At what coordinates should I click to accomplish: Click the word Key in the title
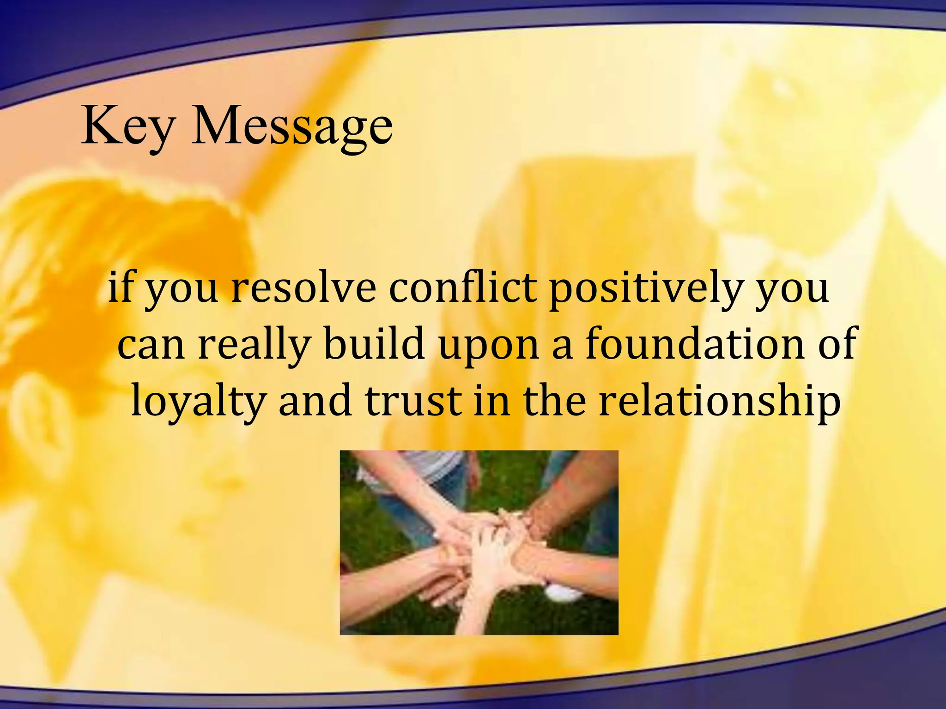click(128, 126)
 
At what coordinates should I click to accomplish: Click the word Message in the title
click(292, 126)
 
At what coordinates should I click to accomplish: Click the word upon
click(489, 346)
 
